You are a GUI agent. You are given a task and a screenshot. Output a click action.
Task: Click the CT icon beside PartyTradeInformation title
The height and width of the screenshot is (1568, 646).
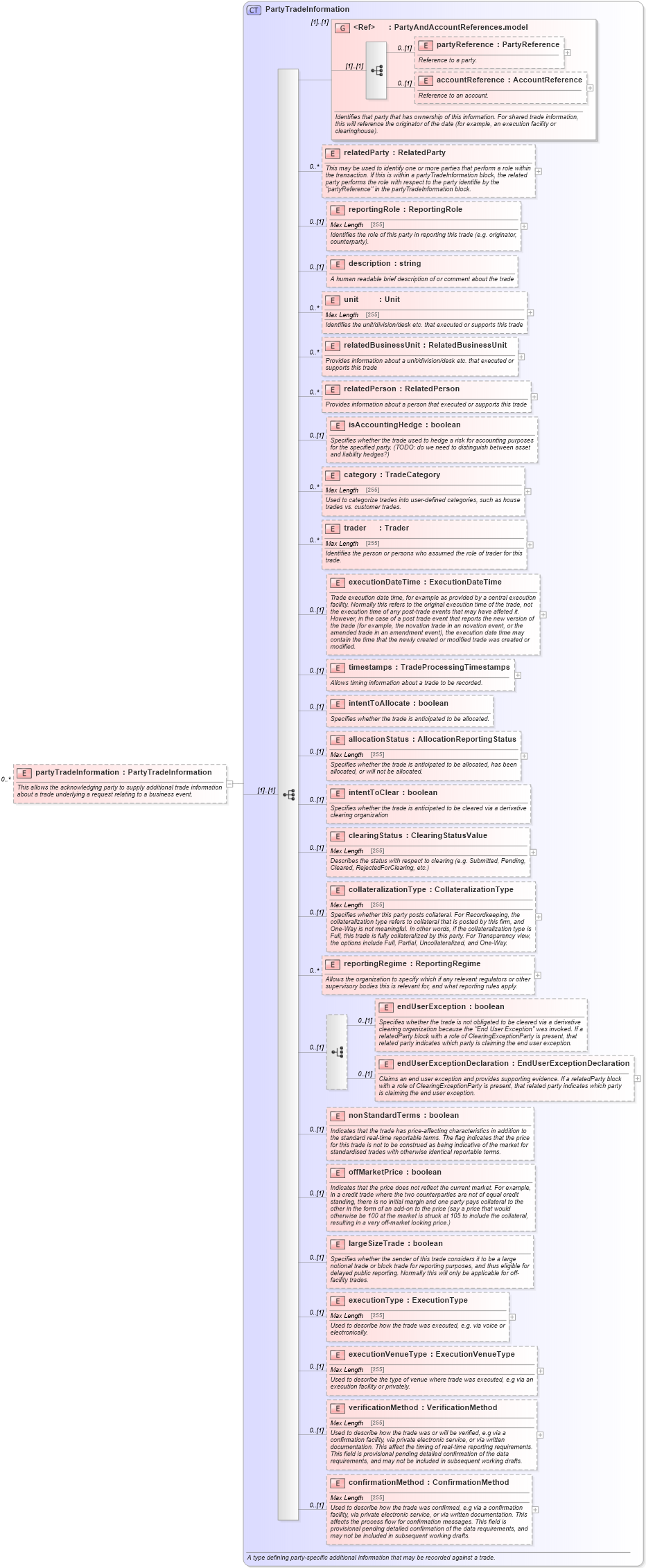pyautogui.click(x=254, y=10)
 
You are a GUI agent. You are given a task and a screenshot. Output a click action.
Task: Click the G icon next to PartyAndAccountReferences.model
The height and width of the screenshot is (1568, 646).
pyautogui.click(x=342, y=28)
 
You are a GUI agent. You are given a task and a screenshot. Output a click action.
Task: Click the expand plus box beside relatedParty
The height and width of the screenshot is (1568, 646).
pyautogui.click(x=539, y=171)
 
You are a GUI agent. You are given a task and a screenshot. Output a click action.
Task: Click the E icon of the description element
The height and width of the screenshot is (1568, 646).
pyautogui.click(x=338, y=264)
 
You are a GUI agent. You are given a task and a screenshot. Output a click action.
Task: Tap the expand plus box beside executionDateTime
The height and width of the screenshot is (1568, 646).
pyautogui.click(x=543, y=614)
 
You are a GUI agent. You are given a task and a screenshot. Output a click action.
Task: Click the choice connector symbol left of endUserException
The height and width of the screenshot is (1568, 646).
pyautogui.click(x=338, y=1052)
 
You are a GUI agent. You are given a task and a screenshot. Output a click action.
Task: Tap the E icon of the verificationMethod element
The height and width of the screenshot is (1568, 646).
pyautogui.click(x=338, y=1408)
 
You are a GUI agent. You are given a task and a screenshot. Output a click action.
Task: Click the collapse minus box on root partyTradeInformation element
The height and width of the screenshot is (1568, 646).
pyautogui.click(x=230, y=784)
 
